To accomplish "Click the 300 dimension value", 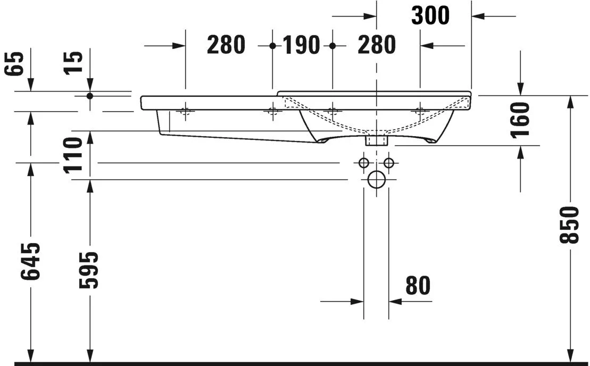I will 430,16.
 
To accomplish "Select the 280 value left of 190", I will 226,46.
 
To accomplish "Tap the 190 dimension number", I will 301,46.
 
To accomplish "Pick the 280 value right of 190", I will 377,46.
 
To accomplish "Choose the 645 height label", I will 31,262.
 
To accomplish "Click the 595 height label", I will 89,270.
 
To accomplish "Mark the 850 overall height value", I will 570,224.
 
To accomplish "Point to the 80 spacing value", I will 418,286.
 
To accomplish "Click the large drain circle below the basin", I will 376,180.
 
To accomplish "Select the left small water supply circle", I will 364,162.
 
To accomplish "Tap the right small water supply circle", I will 389,162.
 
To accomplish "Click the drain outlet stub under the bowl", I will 376,140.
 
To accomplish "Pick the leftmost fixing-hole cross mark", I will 185,111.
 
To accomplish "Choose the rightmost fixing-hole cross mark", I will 420,111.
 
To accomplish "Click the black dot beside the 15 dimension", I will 89,96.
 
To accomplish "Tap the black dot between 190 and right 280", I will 333,46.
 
